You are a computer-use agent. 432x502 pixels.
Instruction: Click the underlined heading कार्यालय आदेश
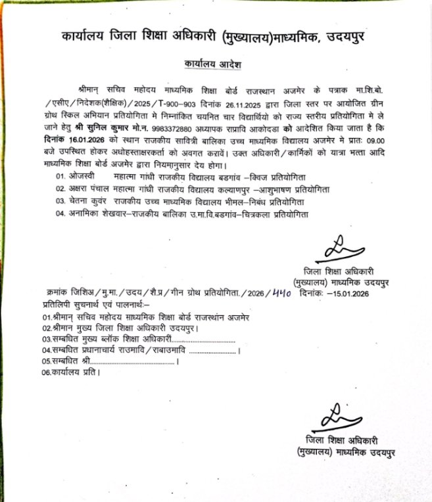click(208, 66)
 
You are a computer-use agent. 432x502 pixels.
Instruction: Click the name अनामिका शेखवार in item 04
click(99, 214)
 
